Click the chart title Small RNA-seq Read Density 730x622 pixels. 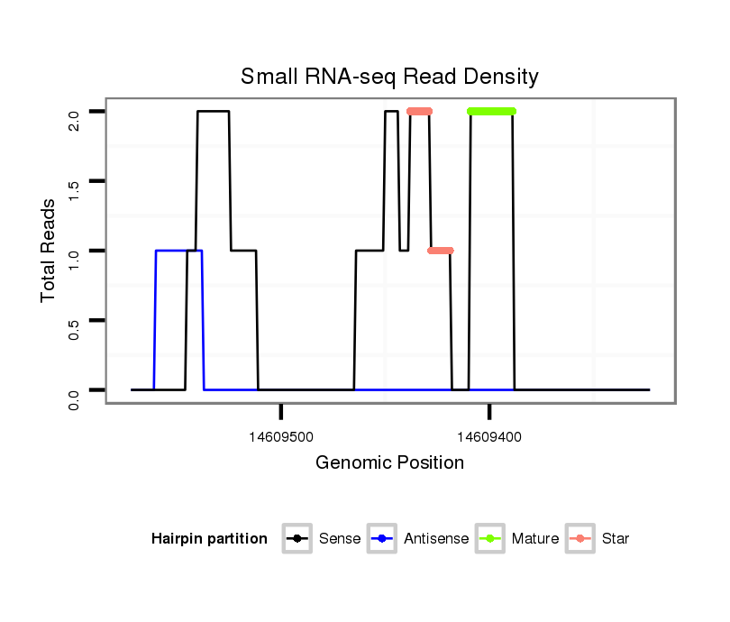389,77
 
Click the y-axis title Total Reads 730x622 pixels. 50,251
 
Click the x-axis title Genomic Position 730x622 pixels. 389,463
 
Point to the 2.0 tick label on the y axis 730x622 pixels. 74,112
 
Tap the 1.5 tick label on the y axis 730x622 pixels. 74,181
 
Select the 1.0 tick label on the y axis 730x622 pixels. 74,251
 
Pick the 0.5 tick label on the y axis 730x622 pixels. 74,320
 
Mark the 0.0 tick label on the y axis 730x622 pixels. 74,389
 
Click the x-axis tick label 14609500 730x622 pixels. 281,436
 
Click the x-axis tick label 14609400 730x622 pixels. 489,436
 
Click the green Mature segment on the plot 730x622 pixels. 491,112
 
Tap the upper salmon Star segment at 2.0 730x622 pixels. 419,112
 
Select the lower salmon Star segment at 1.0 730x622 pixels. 441,251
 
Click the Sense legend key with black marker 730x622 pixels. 297,539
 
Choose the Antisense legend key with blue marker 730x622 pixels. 381,539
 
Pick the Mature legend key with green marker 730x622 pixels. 489,539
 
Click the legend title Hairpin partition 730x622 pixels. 209,539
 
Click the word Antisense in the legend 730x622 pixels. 436,539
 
